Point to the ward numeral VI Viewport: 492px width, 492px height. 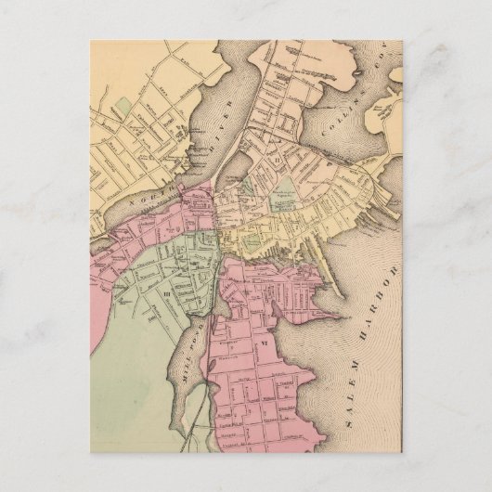coord(263,346)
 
